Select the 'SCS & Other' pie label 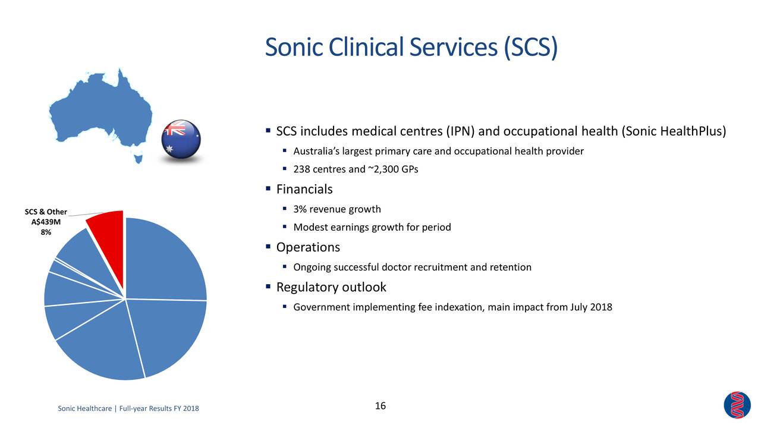(x=46, y=212)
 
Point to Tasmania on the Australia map (x=138, y=158)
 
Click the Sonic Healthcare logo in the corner (x=737, y=405)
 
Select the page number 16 (x=380, y=406)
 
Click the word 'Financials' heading (x=304, y=190)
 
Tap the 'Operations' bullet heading (x=308, y=247)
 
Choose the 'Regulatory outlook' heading (x=331, y=288)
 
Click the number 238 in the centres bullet (x=301, y=169)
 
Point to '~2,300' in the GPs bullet (x=383, y=169)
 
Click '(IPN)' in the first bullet (x=462, y=131)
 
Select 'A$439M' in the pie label (x=46, y=222)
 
